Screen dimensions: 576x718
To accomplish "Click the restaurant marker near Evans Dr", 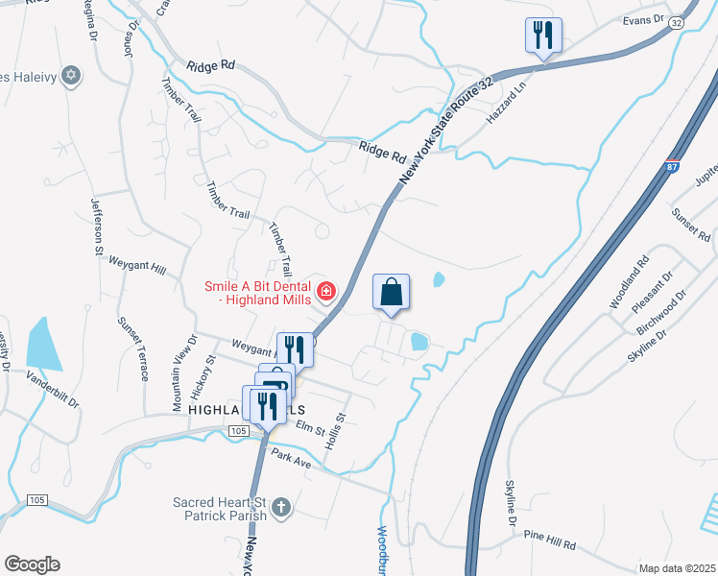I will [x=543, y=36].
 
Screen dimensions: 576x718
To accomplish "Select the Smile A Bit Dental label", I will [x=256, y=294].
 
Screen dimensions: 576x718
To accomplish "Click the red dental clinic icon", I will [x=327, y=290].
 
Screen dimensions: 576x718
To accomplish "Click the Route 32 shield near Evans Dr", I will [x=677, y=21].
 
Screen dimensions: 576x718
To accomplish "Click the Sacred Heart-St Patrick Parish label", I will [x=219, y=508].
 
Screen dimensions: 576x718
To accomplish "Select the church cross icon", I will [x=281, y=506].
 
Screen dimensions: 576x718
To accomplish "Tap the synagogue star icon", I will [x=70, y=75].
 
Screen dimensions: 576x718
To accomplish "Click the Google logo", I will [x=32, y=564].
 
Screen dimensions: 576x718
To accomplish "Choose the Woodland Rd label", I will [x=630, y=282].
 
